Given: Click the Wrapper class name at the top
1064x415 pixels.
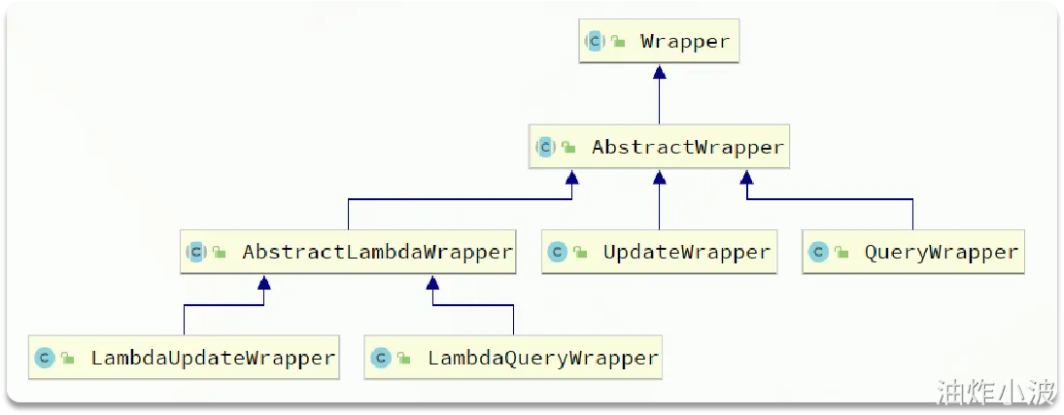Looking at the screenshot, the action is coord(684,42).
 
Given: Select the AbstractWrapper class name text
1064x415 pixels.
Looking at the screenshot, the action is coord(687,148).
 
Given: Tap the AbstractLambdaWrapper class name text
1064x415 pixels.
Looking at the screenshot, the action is coord(377,253).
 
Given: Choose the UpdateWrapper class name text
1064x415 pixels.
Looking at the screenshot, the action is coord(686,253).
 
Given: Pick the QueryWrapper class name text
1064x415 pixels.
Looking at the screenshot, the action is coord(941,253).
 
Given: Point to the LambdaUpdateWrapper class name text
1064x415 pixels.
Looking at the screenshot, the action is coord(213,358).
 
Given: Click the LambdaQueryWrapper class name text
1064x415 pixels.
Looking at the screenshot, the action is coord(543,358).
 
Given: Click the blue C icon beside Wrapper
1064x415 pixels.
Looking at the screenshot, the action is coord(595,42).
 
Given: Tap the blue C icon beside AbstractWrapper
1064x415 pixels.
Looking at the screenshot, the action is coord(545,148).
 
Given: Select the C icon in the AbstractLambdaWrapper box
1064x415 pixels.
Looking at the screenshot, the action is coord(196,253).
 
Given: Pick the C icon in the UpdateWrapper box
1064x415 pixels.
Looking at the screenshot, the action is coord(558,253).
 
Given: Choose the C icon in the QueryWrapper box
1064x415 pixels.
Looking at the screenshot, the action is coord(818,253).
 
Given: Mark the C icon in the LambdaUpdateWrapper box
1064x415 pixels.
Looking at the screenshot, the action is coord(45,358).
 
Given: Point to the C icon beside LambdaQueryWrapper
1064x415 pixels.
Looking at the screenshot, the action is coord(381,358).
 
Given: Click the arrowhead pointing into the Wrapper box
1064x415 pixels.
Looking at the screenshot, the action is coord(659,73).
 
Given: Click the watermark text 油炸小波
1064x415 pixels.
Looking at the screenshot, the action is coord(994,392).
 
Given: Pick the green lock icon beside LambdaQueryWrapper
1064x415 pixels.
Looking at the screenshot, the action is coord(403,359).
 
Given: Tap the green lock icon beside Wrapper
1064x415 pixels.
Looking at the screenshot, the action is coord(617,43).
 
